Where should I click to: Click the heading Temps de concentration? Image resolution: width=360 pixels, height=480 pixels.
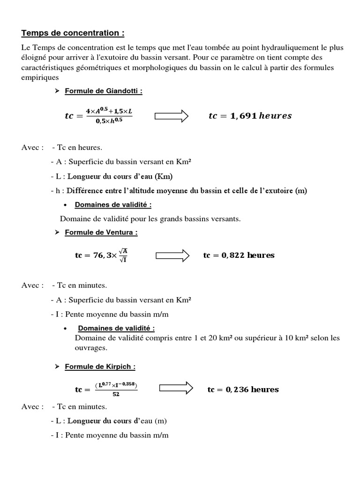pyautogui.click(x=73, y=33)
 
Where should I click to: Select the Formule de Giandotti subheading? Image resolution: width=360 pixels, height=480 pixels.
pyautogui.click(x=103, y=91)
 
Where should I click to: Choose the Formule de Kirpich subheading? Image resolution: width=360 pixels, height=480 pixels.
pyautogui.click(x=100, y=367)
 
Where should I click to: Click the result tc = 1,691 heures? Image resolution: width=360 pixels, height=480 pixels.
pyautogui.click(x=250, y=116)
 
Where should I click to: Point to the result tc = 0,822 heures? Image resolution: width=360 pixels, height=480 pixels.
pyautogui.click(x=239, y=255)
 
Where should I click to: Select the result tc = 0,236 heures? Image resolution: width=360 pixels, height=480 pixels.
pyautogui.click(x=243, y=390)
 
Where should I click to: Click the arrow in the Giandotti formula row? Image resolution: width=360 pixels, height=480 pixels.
pyautogui.click(x=171, y=116)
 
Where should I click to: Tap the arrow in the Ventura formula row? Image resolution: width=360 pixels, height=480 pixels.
pyautogui.click(x=172, y=255)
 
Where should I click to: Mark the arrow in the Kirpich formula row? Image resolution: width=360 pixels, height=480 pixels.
pyautogui.click(x=176, y=389)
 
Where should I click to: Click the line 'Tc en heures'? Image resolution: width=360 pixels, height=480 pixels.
pyautogui.click(x=77, y=148)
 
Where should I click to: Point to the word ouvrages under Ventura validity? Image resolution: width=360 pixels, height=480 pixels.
pyautogui.click(x=91, y=348)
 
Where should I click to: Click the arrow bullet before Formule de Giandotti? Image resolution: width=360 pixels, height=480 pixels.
pyautogui.click(x=57, y=91)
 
